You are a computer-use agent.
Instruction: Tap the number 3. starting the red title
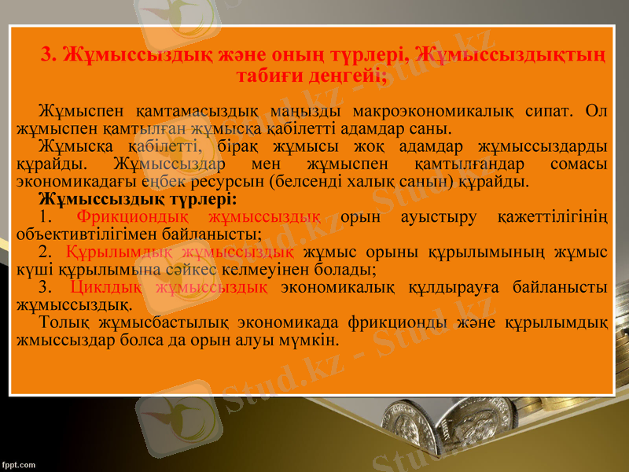(x=50, y=54)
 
